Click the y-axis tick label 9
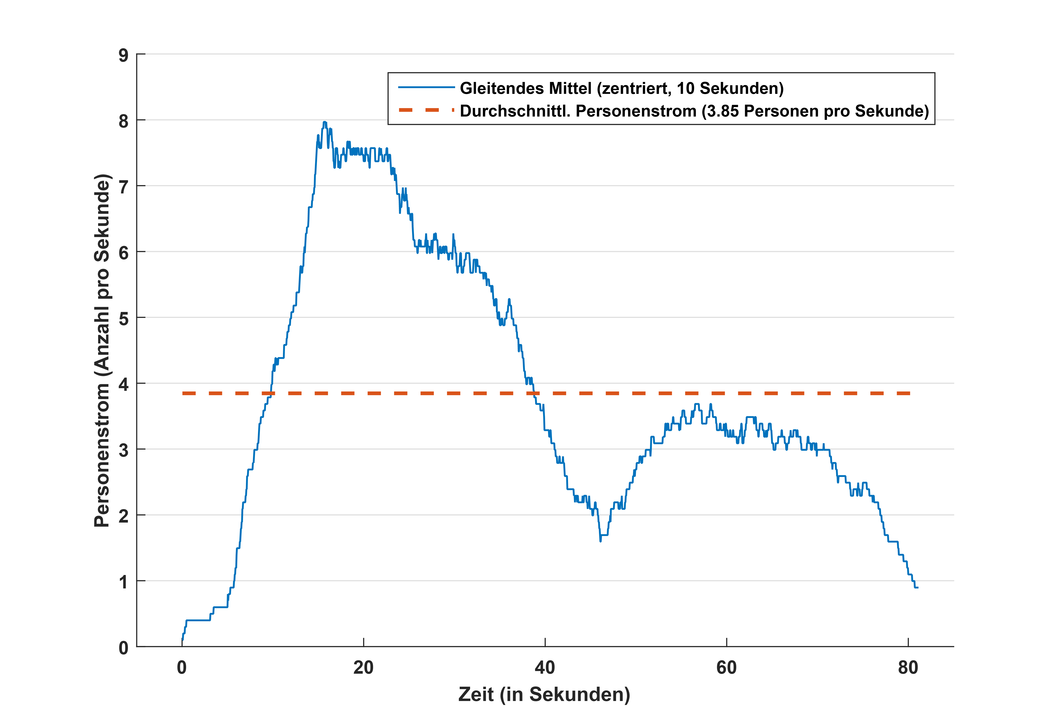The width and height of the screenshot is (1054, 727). (123, 56)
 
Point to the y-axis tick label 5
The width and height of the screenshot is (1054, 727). (123, 319)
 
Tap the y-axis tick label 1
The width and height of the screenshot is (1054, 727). (123, 582)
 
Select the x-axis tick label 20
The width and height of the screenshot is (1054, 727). (363, 668)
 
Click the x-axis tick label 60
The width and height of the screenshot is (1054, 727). (726, 668)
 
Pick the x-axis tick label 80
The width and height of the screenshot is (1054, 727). (908, 668)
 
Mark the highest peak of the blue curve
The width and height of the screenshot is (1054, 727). (325, 122)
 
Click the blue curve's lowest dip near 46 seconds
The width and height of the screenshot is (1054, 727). (600, 541)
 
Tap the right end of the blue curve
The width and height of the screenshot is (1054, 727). (917, 588)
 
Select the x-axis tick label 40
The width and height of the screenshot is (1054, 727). (545, 668)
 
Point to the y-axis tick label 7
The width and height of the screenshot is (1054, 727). (123, 187)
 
